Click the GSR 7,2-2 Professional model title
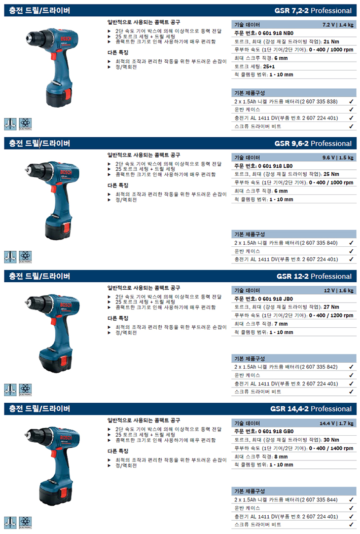313,10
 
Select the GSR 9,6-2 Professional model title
313,144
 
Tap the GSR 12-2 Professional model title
314,276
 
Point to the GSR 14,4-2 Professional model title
311,409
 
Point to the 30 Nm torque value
331,440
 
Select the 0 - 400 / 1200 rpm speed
331,315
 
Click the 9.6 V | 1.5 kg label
338,157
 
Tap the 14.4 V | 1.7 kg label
336,423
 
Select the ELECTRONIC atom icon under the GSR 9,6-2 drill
25,257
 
